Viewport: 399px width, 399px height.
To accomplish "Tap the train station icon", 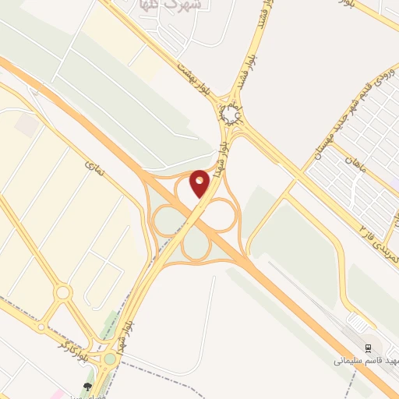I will (x=369, y=346).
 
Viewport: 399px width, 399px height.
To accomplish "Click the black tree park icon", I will (x=87, y=386).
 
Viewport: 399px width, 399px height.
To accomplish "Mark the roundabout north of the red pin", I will (x=230, y=115).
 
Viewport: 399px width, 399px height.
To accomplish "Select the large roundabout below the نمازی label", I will (x=64, y=292).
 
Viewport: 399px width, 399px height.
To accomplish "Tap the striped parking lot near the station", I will (x=356, y=321).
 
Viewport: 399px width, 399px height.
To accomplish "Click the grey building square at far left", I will (x=26, y=125).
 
